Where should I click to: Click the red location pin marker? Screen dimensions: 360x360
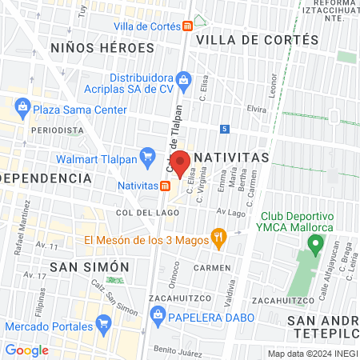(x=180, y=163)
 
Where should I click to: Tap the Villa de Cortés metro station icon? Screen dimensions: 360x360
(x=186, y=26)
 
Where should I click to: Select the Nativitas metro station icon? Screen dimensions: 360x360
(x=164, y=186)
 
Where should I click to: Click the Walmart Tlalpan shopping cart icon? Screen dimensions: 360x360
(x=147, y=155)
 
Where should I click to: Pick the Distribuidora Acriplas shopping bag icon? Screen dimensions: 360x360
(x=184, y=78)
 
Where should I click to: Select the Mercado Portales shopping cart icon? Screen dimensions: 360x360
(x=102, y=324)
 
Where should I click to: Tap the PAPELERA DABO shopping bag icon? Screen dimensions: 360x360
(x=159, y=314)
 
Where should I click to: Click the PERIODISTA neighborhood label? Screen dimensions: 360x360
(x=57, y=130)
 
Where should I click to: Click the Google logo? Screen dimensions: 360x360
(x=27, y=349)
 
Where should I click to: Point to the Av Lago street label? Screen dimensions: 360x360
(x=230, y=213)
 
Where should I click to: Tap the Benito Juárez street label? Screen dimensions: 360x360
(x=177, y=350)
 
